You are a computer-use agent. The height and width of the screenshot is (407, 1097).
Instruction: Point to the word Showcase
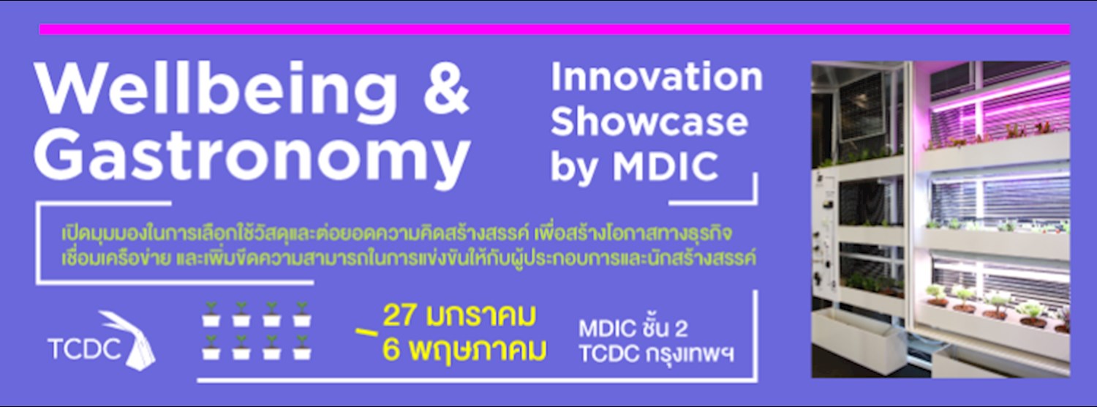[649, 122]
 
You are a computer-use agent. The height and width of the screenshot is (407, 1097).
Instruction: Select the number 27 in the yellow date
[401, 316]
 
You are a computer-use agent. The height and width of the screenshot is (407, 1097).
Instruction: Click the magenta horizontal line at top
[554, 29]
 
